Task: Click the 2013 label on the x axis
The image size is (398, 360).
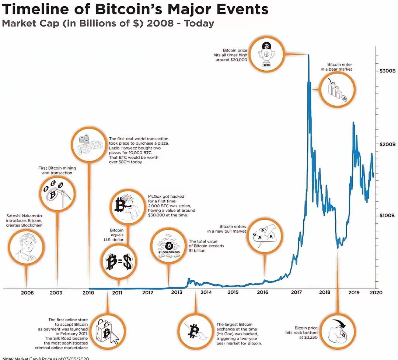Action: point(177,293)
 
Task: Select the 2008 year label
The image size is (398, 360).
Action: point(27,293)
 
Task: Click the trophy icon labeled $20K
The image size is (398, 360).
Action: point(266,55)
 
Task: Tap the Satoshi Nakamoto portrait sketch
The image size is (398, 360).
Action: point(26,246)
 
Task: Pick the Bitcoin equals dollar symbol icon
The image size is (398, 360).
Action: point(118,261)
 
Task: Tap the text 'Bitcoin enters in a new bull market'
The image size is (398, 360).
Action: point(226,229)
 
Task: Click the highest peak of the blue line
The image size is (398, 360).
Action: point(308,55)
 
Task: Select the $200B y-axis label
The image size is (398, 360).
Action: point(387,144)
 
